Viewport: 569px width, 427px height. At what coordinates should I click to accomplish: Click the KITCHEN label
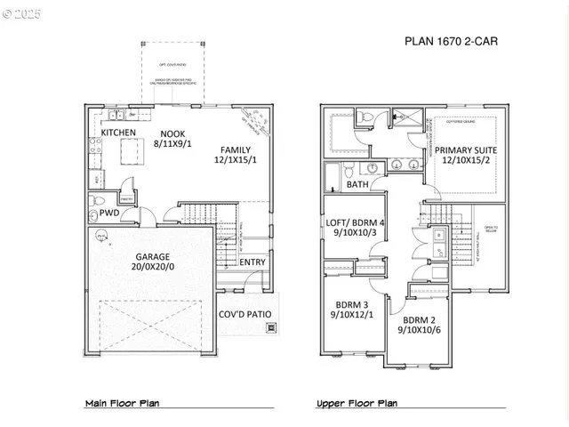[x=118, y=133]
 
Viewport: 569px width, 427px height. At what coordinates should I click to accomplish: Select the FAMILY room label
[x=234, y=150]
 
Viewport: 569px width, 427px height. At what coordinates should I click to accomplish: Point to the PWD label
[x=109, y=213]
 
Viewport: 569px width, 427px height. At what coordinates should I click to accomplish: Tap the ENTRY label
[x=252, y=262]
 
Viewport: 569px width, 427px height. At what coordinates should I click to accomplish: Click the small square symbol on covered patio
[x=270, y=327]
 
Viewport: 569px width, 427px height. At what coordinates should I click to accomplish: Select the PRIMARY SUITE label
[x=465, y=150]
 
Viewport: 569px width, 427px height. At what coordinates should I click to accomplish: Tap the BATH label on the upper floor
[x=357, y=184]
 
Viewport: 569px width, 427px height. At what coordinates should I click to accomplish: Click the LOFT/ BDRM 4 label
[x=356, y=222]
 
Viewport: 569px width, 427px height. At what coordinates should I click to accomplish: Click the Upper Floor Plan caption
[x=357, y=403]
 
